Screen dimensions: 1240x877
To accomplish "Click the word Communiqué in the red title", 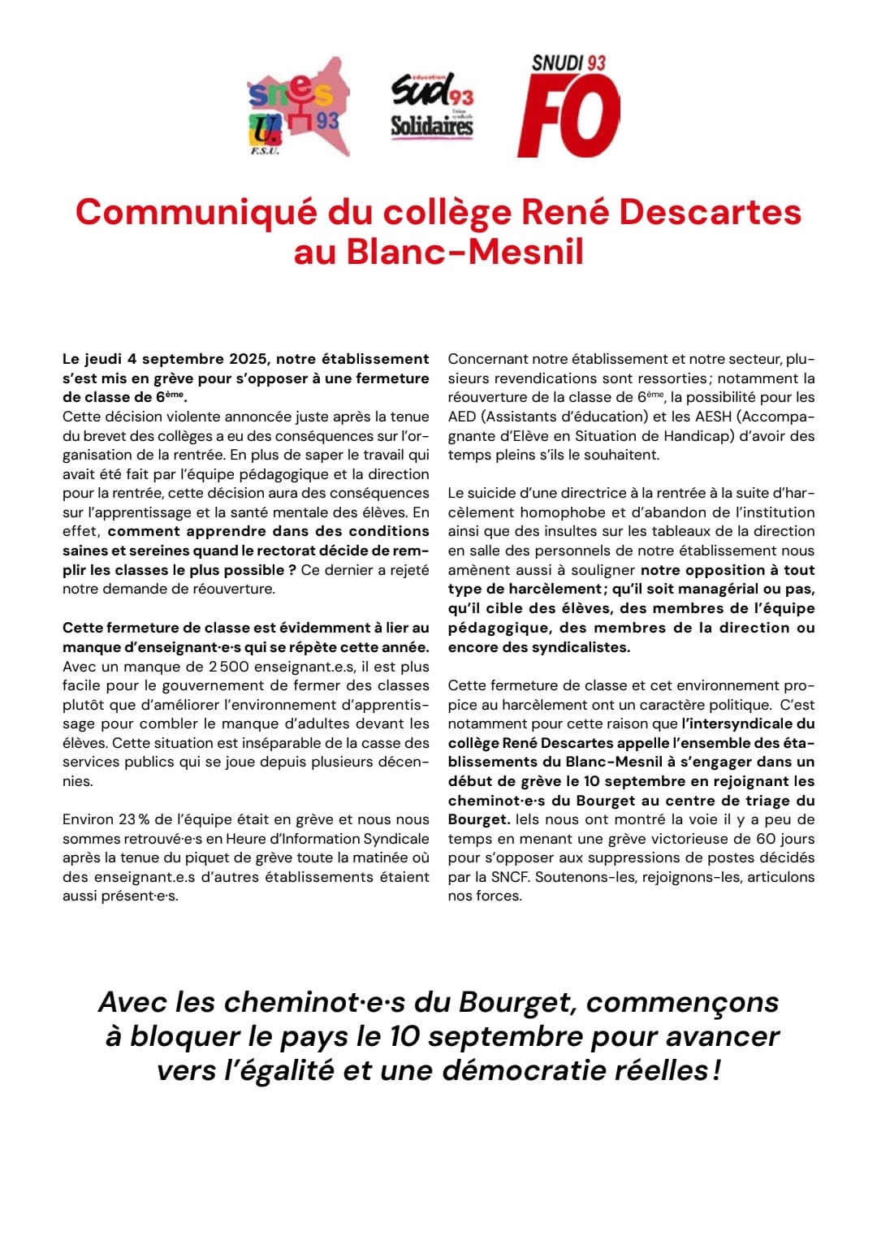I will (196, 212).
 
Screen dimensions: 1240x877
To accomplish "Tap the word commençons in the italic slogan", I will (682, 1002).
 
